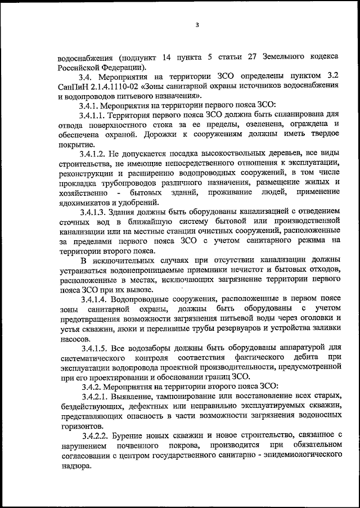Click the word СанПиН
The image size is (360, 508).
(73, 86)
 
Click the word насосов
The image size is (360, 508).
(73, 339)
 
